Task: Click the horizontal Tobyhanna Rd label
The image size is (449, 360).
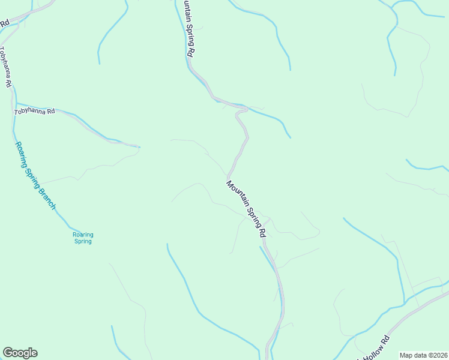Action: tap(34, 111)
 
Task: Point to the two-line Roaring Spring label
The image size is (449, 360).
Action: tap(83, 238)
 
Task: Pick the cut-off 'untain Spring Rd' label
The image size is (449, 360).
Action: tap(187, 29)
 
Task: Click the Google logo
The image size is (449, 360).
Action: tap(20, 353)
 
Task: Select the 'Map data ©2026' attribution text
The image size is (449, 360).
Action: tap(423, 355)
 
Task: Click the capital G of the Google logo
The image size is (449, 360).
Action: tap(8, 353)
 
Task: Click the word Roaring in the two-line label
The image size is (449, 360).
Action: tap(83, 235)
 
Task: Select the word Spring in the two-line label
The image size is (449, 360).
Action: tap(83, 242)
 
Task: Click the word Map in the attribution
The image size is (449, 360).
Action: tap(406, 355)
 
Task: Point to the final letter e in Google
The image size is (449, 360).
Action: tap(34, 353)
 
